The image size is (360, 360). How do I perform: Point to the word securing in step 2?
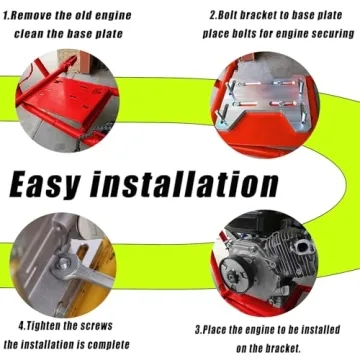(x=330, y=34)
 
